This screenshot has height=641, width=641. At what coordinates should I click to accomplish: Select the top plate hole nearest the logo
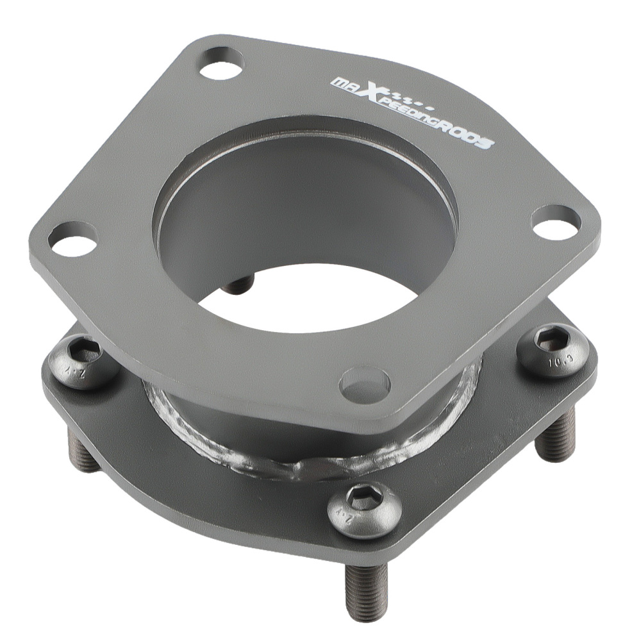coord(221,63)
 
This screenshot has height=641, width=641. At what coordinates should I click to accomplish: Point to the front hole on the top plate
coord(365,384)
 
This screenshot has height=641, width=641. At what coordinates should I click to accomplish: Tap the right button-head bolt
coord(553,350)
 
